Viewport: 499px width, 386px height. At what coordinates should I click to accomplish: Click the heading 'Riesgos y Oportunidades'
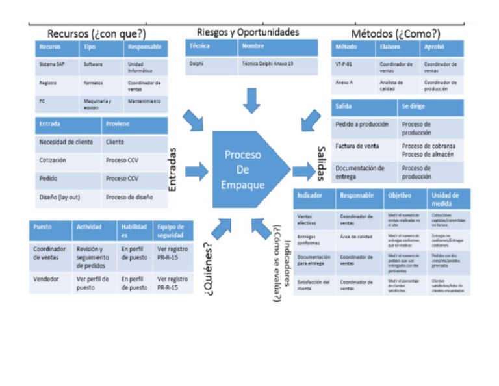coord(248,32)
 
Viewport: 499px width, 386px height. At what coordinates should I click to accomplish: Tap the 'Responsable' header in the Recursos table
coord(144,47)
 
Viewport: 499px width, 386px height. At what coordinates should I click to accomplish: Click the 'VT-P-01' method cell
coord(344,64)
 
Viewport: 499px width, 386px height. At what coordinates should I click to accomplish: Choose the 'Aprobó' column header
coord(434,47)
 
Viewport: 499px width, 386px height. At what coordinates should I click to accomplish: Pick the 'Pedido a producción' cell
coord(362,123)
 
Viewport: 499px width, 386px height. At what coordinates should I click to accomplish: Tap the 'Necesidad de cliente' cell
coord(66,142)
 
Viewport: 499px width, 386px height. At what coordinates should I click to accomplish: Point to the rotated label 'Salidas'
coord(321,162)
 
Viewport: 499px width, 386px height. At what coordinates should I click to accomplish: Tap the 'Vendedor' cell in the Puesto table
coord(47,279)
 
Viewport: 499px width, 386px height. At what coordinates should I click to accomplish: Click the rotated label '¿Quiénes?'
coord(208,269)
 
